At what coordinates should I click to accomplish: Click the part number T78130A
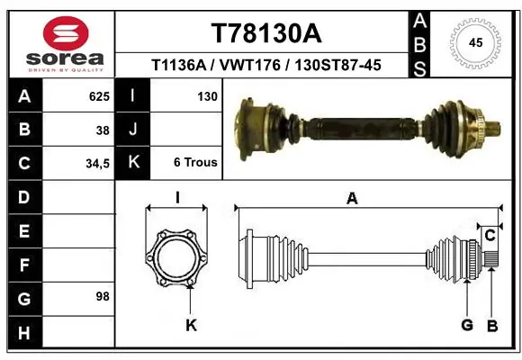(x=265, y=33)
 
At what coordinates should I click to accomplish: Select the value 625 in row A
(x=99, y=95)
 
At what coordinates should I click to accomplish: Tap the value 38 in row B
(x=103, y=130)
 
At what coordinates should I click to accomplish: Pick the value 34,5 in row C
(x=97, y=163)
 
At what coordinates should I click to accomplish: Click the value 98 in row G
(x=102, y=296)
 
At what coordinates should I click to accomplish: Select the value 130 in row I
(x=207, y=95)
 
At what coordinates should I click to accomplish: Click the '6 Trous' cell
(x=195, y=163)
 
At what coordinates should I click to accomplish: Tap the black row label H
(x=23, y=332)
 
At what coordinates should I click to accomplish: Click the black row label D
(x=23, y=196)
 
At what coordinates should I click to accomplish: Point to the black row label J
(x=132, y=130)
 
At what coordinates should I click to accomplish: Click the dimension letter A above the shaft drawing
(x=352, y=198)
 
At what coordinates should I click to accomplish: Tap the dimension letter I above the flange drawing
(x=177, y=198)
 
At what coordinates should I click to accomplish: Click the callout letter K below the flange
(x=191, y=325)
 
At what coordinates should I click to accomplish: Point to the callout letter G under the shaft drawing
(x=467, y=325)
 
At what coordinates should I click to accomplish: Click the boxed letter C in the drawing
(x=490, y=236)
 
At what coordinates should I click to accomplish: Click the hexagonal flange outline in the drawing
(x=177, y=259)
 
